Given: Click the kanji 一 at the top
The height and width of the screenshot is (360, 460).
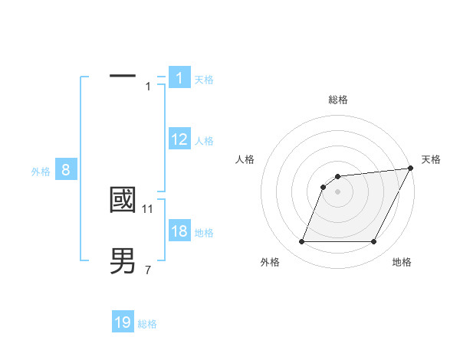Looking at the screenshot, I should tap(123, 76).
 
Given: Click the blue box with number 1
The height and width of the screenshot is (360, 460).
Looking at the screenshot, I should tap(179, 78).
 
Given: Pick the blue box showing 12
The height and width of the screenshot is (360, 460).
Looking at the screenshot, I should tap(179, 139).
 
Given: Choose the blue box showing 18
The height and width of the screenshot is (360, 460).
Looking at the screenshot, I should tap(179, 231).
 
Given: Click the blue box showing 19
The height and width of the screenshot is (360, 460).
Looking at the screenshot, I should tap(123, 322).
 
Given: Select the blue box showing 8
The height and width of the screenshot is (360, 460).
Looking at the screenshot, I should tap(66, 170).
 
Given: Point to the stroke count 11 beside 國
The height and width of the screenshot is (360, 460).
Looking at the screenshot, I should tap(149, 208).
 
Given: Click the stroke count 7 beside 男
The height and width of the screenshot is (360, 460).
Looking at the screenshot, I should tap(148, 270).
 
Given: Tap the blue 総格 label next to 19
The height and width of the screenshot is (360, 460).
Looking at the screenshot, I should tap(147, 324).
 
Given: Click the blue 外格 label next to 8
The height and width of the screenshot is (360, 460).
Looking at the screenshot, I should tap(41, 172).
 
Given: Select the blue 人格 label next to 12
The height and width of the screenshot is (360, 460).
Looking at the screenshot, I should tap(204, 141).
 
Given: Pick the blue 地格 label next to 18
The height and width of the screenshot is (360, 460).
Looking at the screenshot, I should tap(204, 233).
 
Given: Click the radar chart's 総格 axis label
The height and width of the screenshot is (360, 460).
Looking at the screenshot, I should tap(337, 100).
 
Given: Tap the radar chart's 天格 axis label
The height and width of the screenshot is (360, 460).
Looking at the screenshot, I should tap(432, 159).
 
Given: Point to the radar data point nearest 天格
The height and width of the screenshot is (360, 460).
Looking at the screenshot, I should tap(411, 169).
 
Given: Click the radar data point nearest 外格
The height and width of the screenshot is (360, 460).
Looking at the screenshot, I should tap(301, 242).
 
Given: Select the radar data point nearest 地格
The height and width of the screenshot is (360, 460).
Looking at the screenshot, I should tap(374, 242).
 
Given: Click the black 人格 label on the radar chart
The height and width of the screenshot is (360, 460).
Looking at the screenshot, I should tap(245, 159).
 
